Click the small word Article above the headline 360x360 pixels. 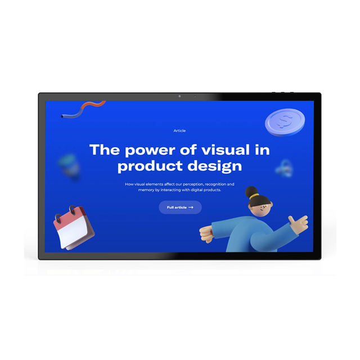179,130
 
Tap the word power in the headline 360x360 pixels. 150,151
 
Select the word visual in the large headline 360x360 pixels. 226,150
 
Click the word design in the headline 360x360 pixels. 215,166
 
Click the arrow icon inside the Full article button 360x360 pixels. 191,208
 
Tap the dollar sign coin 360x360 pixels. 285,122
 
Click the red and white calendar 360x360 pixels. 74,227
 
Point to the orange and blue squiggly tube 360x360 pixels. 83,109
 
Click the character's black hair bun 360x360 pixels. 251,192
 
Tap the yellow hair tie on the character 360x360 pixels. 255,196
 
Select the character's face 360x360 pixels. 261,208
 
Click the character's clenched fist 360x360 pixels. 206,234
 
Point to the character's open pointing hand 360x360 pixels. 298,222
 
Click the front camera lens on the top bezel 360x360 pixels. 179,96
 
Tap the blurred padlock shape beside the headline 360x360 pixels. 284,168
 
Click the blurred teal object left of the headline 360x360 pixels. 69,166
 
